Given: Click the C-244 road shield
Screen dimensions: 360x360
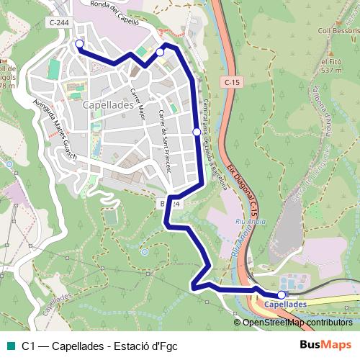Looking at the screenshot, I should [x=60, y=23].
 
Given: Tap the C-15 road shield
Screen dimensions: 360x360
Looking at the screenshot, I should [x=231, y=82].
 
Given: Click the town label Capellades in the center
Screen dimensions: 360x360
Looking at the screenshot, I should [x=109, y=104].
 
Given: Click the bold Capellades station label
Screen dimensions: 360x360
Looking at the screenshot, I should [x=286, y=305].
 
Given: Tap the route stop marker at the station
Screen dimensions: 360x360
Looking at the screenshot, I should [x=281, y=294].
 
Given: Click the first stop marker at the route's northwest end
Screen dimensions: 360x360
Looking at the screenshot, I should [x=79, y=45].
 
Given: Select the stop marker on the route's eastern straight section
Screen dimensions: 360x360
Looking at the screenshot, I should [x=197, y=132].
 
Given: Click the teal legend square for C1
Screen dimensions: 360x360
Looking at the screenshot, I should [x=11, y=346].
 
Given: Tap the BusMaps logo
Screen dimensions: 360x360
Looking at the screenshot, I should [x=325, y=345].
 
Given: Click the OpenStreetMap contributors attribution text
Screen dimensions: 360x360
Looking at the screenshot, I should [x=297, y=323].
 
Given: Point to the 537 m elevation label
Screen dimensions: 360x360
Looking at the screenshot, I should [x=331, y=71].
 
